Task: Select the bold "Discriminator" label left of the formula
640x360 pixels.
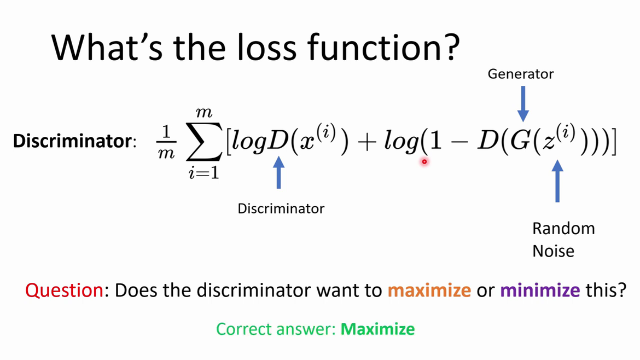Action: pos(73,141)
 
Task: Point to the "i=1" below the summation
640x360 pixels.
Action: pos(203,173)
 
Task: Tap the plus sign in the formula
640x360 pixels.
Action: pos(366,142)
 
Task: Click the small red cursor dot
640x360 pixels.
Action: pos(424,161)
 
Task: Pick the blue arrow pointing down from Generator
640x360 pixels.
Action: pos(523,103)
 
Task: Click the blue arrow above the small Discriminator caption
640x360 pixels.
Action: pos(279,173)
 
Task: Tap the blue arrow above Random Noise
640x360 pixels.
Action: pos(557,181)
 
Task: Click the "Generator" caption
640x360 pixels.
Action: pos(521,74)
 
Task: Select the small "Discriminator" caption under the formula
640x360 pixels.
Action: pos(281,208)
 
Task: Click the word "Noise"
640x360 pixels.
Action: pos(554,251)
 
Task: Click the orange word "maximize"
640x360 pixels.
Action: pos(429,290)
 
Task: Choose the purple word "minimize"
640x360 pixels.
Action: pos(540,290)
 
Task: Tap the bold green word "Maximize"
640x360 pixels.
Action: pos(377,329)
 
